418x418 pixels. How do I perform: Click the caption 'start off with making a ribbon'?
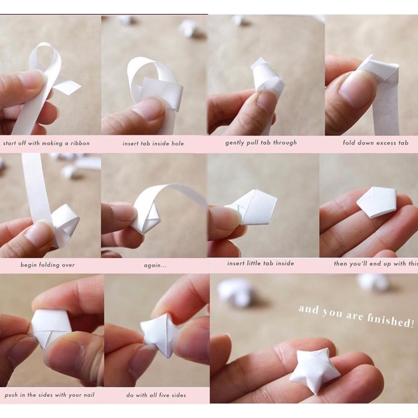pos(46,143)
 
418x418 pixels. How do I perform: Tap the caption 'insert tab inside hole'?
pos(153,143)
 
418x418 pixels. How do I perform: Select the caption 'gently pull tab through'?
pos(261,143)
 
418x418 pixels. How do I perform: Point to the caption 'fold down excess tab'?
pos(376,143)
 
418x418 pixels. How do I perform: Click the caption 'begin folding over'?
pos(48,265)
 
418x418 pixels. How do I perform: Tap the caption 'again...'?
pos(155,265)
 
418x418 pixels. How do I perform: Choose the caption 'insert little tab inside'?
pos(260,263)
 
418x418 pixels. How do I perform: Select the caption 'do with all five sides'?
pos(156,395)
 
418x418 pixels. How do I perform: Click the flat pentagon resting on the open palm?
pos(377,202)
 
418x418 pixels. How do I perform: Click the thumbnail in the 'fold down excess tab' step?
pos(357,89)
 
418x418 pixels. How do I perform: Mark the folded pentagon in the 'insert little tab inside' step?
pos(254,207)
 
